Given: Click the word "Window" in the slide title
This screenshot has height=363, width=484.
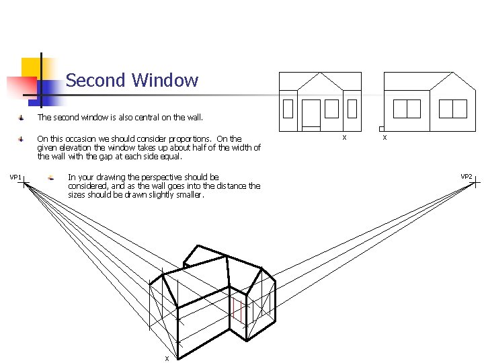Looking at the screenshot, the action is [x=165, y=81].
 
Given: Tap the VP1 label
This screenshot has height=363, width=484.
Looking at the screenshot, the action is [x=15, y=177].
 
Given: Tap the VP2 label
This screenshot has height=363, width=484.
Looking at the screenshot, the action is [x=466, y=177].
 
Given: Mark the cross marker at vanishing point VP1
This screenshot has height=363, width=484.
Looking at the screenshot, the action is [x=24, y=184].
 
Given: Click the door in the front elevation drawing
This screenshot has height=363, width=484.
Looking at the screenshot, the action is [x=311, y=114].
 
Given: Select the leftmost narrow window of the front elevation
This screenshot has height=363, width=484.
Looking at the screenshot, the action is [x=288, y=109].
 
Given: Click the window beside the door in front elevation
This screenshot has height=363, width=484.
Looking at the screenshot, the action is [x=331, y=108].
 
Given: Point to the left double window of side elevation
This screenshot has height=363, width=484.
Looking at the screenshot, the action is [x=406, y=108].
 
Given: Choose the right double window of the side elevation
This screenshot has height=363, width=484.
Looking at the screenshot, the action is [x=452, y=108].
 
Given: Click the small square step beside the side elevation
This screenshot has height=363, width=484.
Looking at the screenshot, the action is [x=381, y=128].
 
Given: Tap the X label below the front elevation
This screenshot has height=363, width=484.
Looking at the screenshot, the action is [x=344, y=138].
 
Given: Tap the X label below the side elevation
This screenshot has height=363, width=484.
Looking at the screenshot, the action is [x=385, y=138].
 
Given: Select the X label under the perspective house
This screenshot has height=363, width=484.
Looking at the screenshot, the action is [x=167, y=358].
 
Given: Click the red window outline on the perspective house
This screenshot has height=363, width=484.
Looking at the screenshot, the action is [x=237, y=311].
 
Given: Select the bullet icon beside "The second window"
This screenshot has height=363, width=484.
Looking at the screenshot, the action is [x=22, y=118].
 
